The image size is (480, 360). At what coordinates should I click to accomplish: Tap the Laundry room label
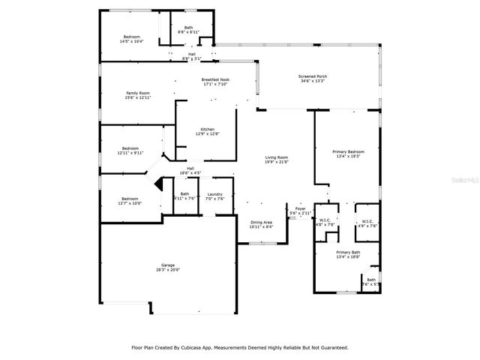click(x=215, y=196)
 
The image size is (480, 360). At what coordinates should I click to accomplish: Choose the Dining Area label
click(x=261, y=223)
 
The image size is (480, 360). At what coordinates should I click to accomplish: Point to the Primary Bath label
click(x=348, y=253)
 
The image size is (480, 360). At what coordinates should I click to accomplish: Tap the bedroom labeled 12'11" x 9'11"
click(x=130, y=150)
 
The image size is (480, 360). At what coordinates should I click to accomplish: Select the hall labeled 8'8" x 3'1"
click(x=191, y=55)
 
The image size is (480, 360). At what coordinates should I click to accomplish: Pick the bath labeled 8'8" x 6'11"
click(x=188, y=30)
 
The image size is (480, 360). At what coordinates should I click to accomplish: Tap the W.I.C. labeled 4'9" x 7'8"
click(x=367, y=222)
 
